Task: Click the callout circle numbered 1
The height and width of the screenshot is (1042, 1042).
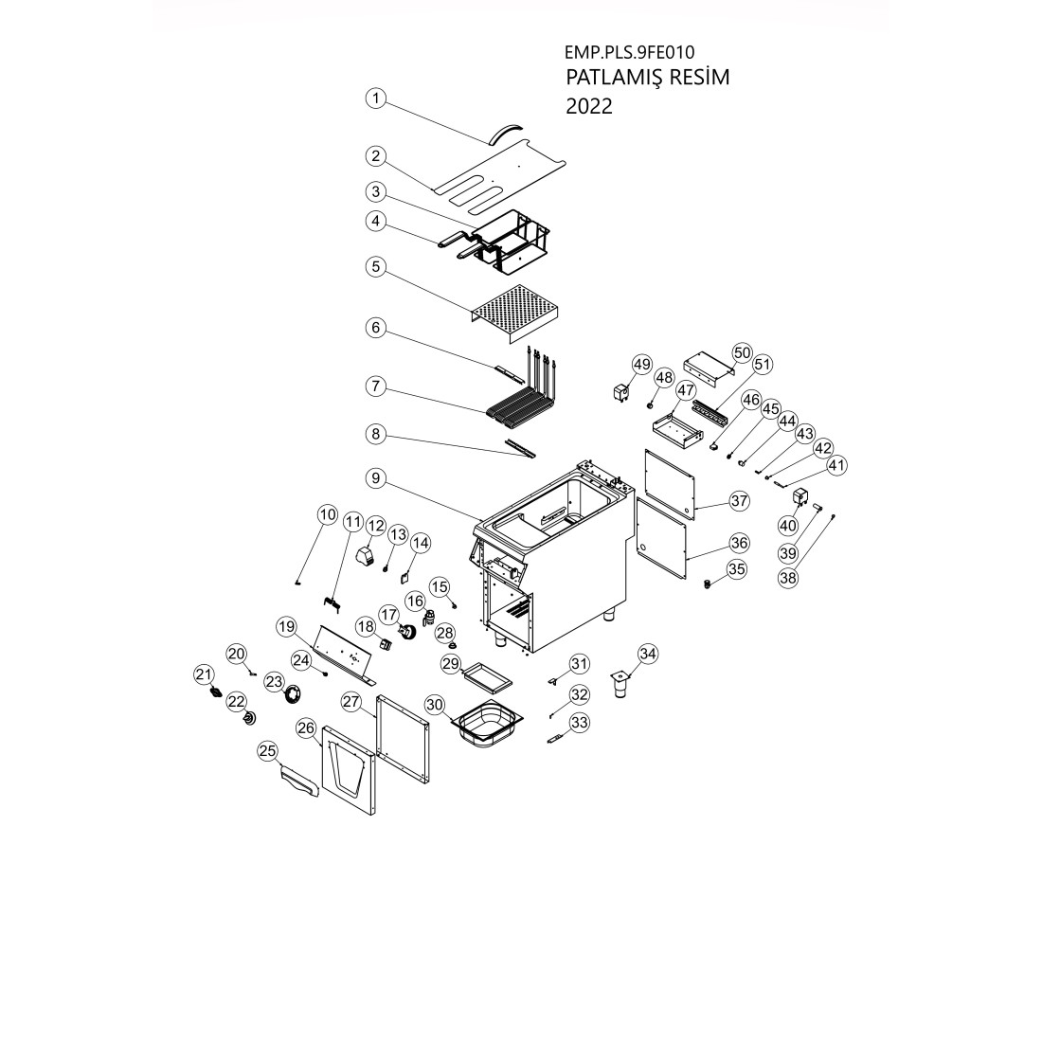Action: tap(376, 99)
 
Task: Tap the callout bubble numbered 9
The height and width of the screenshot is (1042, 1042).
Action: tap(376, 479)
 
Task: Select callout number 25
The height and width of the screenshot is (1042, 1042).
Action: tap(269, 751)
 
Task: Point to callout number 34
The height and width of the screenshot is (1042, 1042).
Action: tap(648, 653)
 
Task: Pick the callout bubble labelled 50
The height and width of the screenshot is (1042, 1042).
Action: tap(742, 352)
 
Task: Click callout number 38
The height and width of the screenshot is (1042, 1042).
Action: tap(788, 577)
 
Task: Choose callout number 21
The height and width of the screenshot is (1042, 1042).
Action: tap(203, 674)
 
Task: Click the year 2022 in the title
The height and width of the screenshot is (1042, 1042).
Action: tap(588, 106)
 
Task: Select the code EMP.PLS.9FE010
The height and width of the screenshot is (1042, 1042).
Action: tap(621, 53)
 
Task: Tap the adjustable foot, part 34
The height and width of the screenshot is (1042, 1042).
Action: tap(621, 686)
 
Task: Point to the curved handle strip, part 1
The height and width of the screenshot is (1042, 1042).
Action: tap(510, 129)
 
